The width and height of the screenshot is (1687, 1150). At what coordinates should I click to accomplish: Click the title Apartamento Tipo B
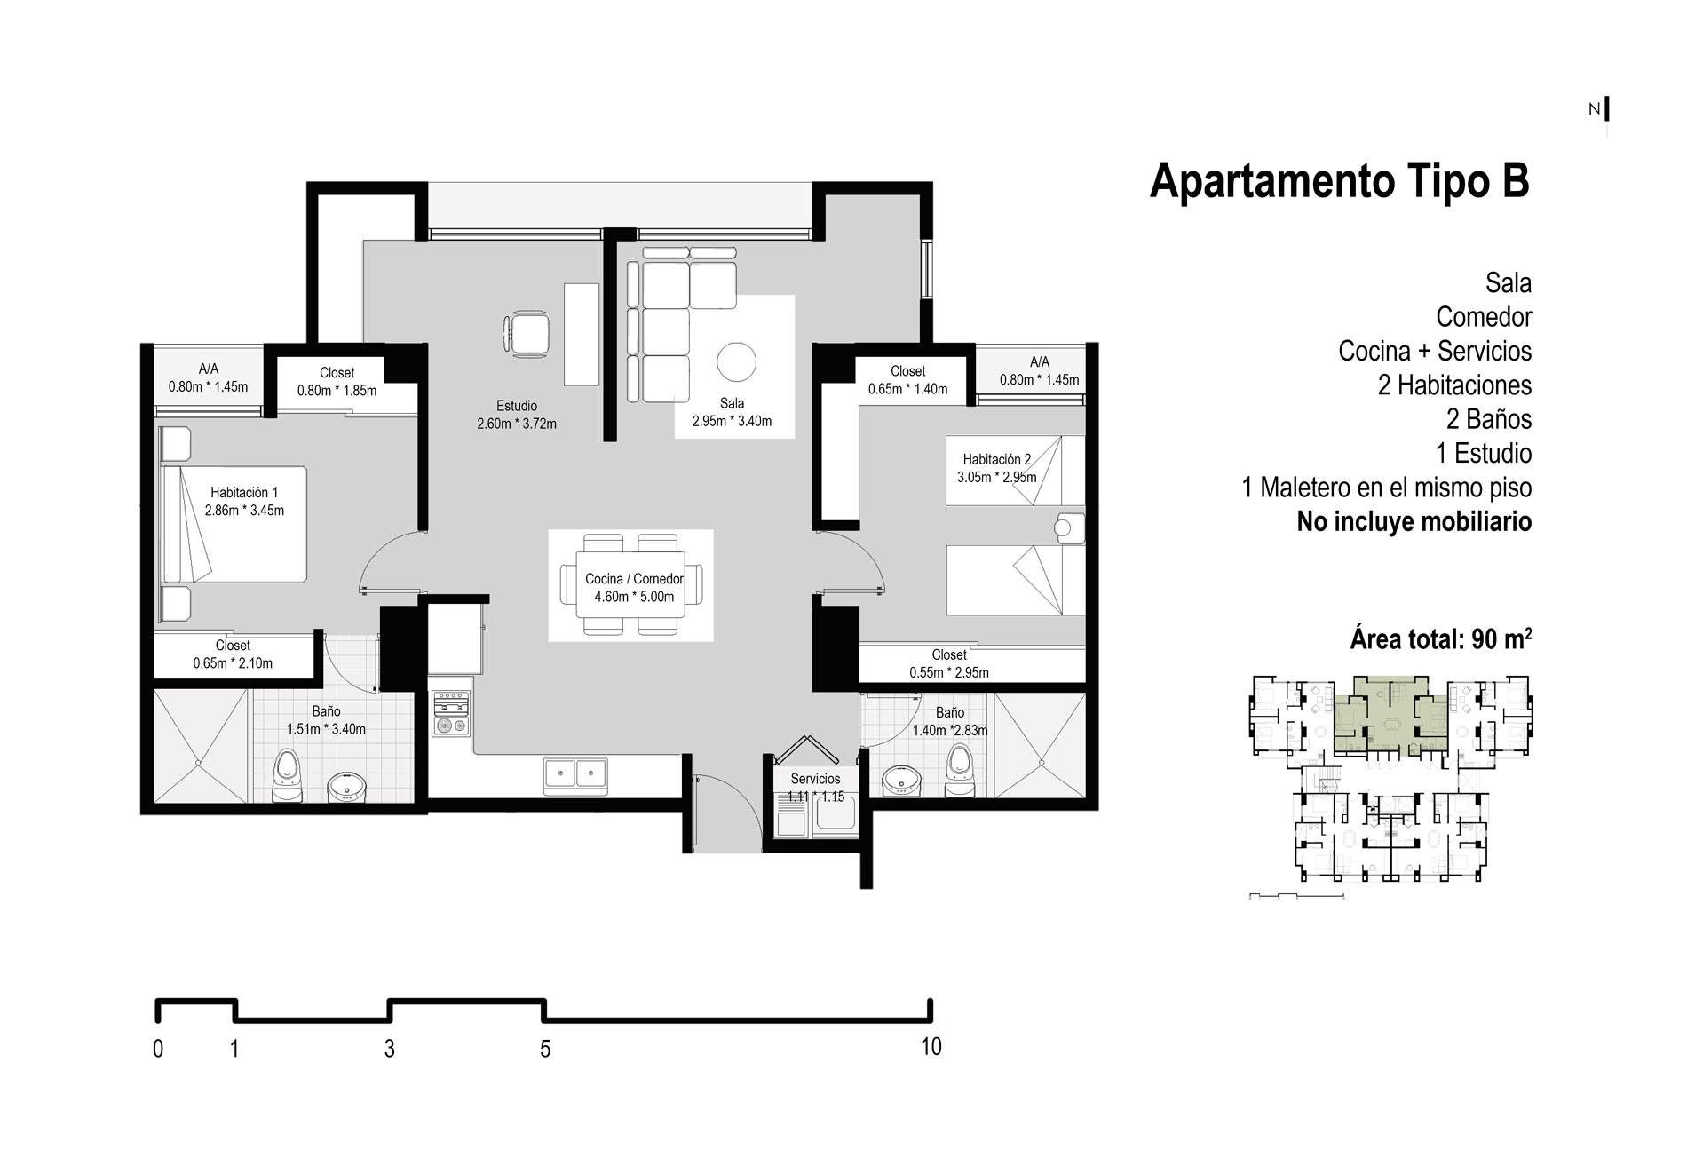1340,181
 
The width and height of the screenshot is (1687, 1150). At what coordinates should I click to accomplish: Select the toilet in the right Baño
959,770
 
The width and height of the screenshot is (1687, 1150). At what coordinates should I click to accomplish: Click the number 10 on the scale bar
931,1047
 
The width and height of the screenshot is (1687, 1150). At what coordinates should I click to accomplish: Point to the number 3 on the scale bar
389,1049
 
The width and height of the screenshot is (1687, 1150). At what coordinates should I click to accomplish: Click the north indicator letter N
1594,109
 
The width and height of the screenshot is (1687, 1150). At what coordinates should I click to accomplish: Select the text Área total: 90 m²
1442,638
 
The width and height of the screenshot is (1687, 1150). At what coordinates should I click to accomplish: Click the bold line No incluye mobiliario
1414,521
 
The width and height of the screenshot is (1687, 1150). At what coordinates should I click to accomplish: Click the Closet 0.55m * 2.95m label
949,663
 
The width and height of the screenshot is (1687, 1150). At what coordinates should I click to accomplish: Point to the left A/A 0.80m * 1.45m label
208,377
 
